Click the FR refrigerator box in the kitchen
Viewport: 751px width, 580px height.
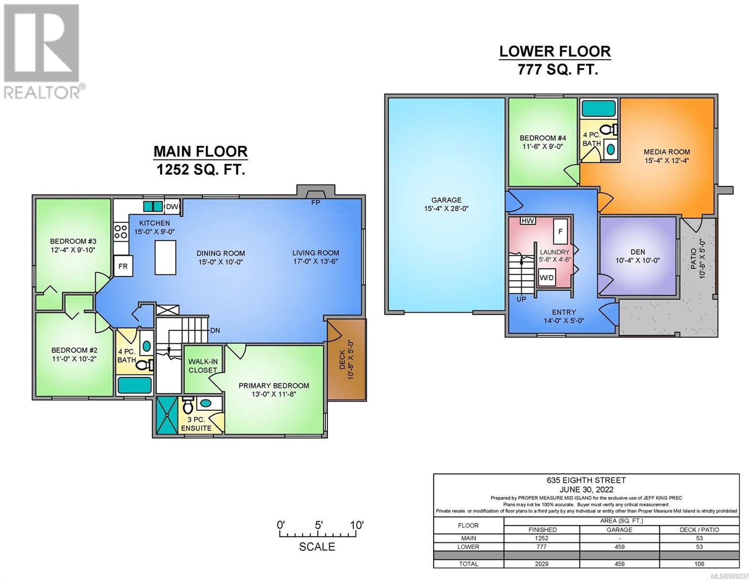[123, 266]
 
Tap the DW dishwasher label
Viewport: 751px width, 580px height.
[172, 206]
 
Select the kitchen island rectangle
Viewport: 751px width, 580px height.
[165, 257]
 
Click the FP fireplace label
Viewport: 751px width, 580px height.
[316, 203]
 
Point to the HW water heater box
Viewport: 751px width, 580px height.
[528, 221]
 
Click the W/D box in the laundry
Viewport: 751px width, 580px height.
[546, 277]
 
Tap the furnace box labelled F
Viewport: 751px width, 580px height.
[560, 232]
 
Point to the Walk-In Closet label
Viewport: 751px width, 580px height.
[203, 366]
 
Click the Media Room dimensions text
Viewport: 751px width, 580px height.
[667, 160]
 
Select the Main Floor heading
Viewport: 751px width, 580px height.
[201, 151]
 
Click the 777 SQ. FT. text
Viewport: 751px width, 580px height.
[558, 70]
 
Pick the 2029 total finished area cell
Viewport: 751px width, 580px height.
[542, 564]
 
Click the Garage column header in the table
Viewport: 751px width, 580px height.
[619, 530]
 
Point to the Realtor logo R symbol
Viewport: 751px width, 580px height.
[41, 43]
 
